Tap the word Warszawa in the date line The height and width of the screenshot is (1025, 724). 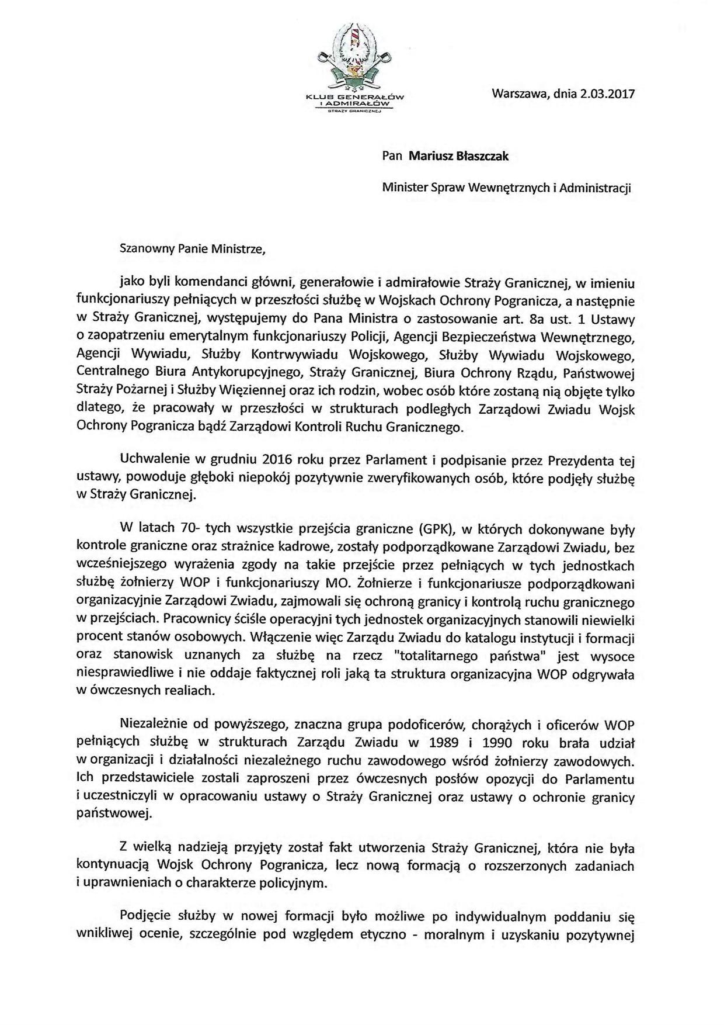pyautogui.click(x=519, y=94)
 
